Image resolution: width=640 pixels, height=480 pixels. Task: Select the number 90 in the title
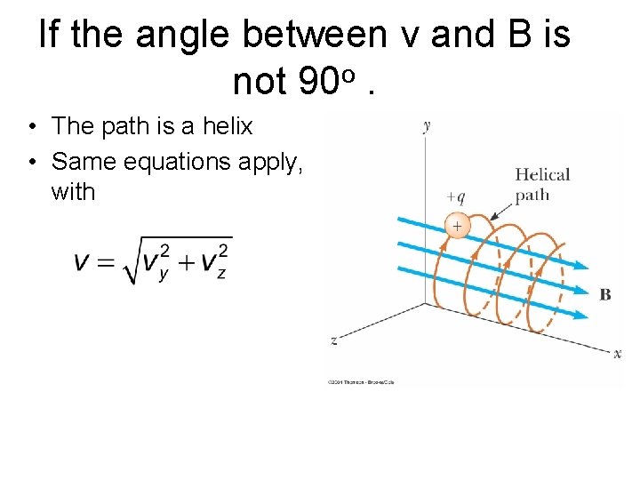click(316, 83)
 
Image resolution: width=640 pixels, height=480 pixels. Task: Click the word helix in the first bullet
click(228, 127)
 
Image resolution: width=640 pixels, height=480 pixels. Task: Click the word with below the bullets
click(73, 192)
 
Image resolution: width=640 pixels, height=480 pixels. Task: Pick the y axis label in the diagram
click(428, 125)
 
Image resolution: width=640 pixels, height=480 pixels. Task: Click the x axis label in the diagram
click(618, 354)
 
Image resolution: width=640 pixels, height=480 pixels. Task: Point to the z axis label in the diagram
click(332, 340)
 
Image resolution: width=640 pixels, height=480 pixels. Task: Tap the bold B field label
click(605, 294)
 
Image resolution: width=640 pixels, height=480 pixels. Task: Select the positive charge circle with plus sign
click(456, 227)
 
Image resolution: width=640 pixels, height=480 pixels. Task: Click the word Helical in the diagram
click(542, 174)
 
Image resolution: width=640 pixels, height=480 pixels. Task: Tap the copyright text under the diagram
click(360, 382)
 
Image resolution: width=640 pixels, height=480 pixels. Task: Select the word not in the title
click(259, 83)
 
